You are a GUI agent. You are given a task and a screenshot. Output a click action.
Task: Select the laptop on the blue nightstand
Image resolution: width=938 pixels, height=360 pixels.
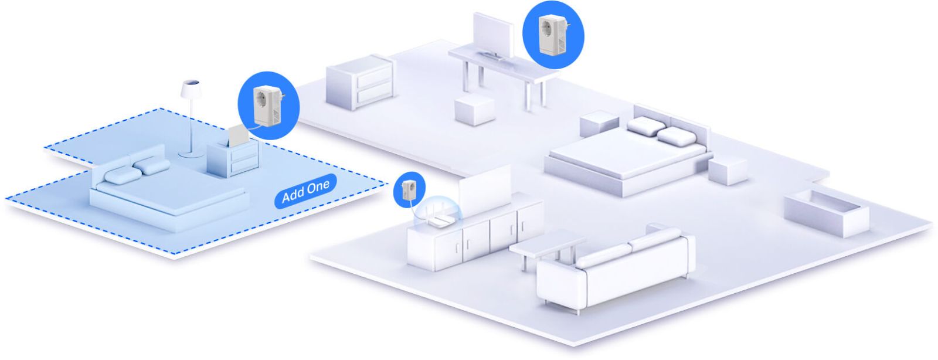238,136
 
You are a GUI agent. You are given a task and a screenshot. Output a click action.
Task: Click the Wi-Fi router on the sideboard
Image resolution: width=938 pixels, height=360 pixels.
437,215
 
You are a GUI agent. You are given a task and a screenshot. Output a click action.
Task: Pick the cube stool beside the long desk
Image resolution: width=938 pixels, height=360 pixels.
474,109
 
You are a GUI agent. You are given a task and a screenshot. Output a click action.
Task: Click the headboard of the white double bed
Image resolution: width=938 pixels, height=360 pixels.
674,120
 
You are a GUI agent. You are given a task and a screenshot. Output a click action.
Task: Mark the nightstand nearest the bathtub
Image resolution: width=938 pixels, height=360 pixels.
728,171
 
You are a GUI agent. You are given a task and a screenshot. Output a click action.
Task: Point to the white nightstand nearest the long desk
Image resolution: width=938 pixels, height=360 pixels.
599,122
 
